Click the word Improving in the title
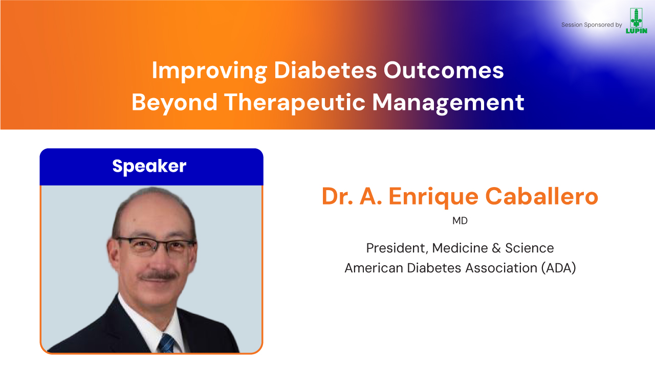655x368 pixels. pyautogui.click(x=209, y=71)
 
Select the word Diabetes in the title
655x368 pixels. pyautogui.click(x=325, y=71)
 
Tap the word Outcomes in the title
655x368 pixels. pyautogui.click(x=444, y=71)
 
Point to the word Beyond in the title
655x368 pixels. pyautogui.click(x=174, y=103)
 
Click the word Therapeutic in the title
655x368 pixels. pyautogui.click(x=295, y=103)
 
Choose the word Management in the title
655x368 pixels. pyautogui.click(x=448, y=103)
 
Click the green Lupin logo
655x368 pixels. pyautogui.click(x=636, y=21)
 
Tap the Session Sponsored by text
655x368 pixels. pyautogui.click(x=591, y=25)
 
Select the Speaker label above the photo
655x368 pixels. pyautogui.click(x=149, y=167)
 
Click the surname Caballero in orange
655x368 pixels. pyautogui.click(x=541, y=196)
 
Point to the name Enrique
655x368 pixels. pyautogui.click(x=433, y=197)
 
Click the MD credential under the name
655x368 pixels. pyautogui.click(x=460, y=221)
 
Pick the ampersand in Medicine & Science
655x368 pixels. pyautogui.click(x=496, y=248)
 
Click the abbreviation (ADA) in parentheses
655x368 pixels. pyautogui.click(x=558, y=268)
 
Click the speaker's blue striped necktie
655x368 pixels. pyautogui.click(x=167, y=343)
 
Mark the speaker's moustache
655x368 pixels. pyautogui.click(x=158, y=276)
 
